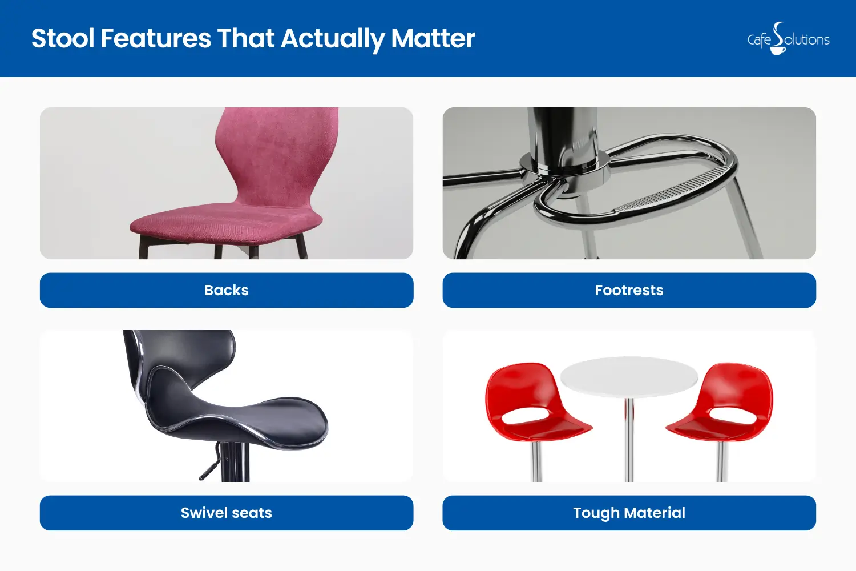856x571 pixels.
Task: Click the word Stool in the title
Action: coord(63,39)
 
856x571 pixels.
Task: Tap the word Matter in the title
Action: coord(433,39)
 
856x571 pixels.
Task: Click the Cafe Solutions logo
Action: coord(788,39)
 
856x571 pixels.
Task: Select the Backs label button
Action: coord(227,290)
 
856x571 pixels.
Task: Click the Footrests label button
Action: coord(629,290)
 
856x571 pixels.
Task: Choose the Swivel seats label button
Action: coord(227,513)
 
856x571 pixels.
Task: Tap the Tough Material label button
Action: coord(629,513)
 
